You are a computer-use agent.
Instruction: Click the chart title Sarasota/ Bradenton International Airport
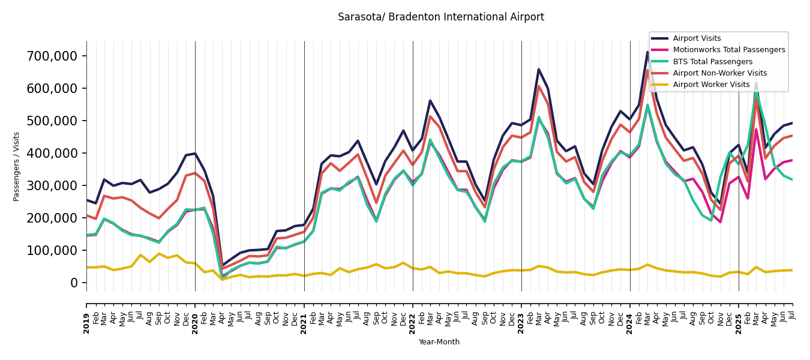point(440,17)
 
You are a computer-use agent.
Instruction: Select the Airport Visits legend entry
point(697,38)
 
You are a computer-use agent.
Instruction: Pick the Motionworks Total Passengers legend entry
point(728,50)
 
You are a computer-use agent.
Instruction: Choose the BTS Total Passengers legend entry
point(712,62)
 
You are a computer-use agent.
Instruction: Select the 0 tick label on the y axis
point(74,283)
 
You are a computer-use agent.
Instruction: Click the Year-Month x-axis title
point(439,342)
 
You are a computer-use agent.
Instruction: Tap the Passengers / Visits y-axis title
point(17,166)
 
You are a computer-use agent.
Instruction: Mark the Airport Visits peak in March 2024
point(648,52)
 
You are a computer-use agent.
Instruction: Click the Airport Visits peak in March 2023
point(539,69)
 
